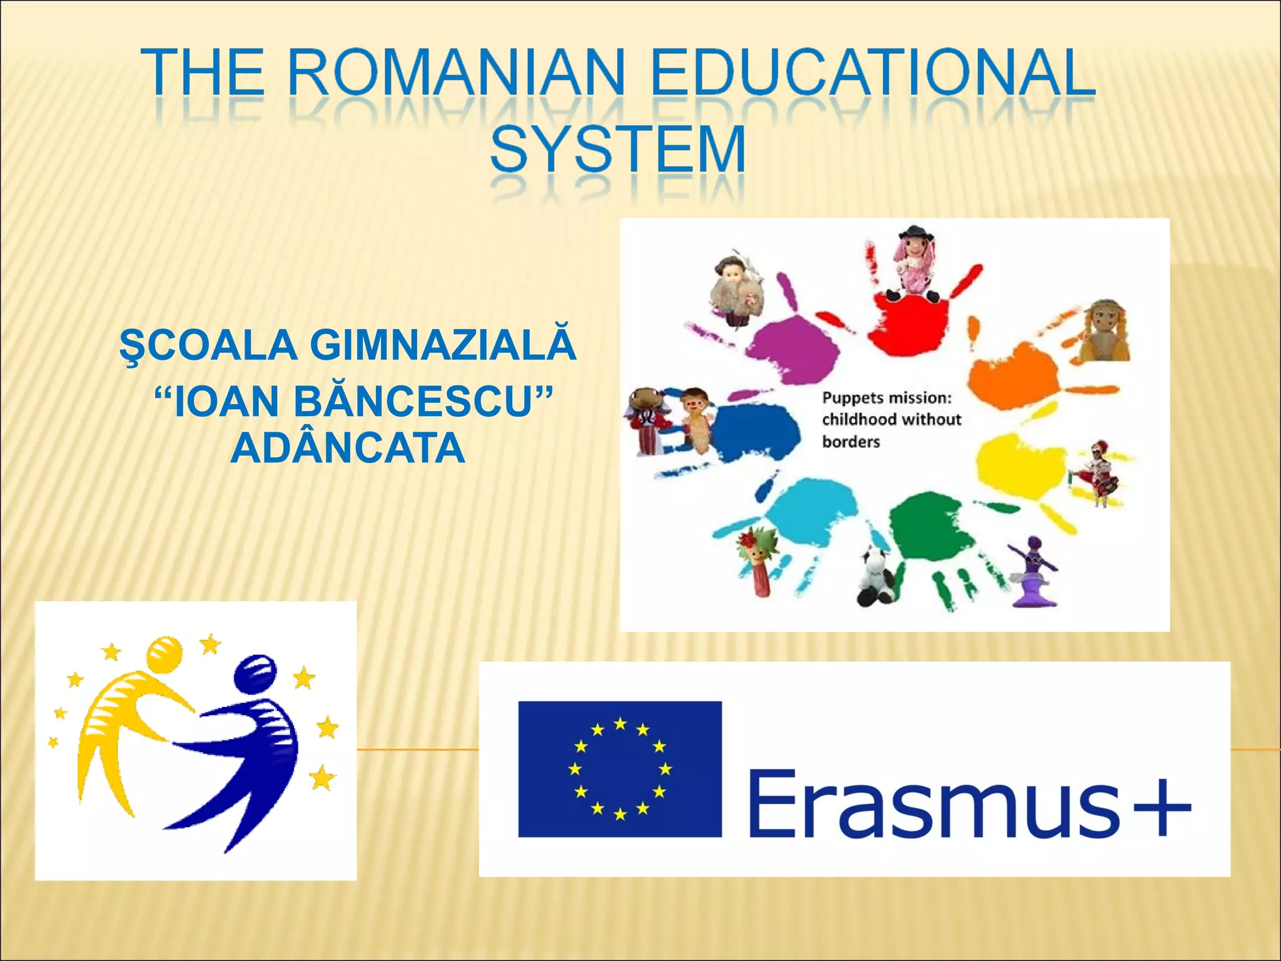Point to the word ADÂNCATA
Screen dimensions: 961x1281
click(x=348, y=448)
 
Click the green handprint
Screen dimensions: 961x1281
click(x=932, y=532)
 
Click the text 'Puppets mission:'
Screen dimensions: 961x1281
click(x=886, y=398)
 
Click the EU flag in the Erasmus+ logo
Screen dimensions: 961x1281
click(x=619, y=769)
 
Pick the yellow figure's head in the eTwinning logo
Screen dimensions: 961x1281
click(x=165, y=654)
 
